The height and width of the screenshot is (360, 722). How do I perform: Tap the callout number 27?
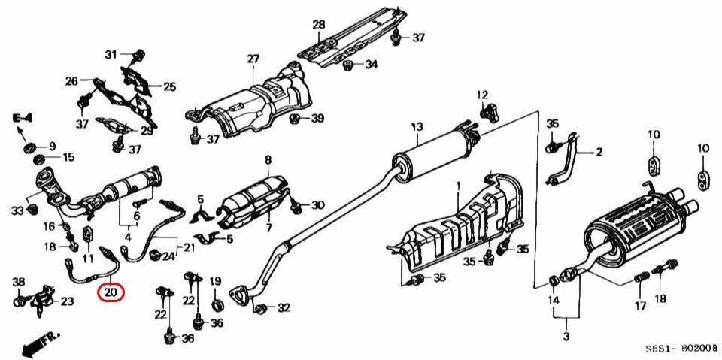point(252,59)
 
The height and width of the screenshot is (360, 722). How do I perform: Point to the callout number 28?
point(319,25)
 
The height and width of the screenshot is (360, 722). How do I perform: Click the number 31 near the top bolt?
point(111,54)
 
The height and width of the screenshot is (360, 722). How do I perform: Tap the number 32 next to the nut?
point(283,307)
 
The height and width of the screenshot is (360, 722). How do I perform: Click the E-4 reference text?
point(23,117)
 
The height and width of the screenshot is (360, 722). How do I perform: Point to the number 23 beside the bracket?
point(67,302)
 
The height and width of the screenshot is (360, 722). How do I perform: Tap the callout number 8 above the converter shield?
point(267,159)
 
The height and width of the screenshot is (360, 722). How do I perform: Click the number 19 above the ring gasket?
point(216,282)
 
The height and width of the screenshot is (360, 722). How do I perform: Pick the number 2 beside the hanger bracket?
point(599,153)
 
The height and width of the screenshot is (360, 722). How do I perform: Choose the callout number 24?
point(168,256)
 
